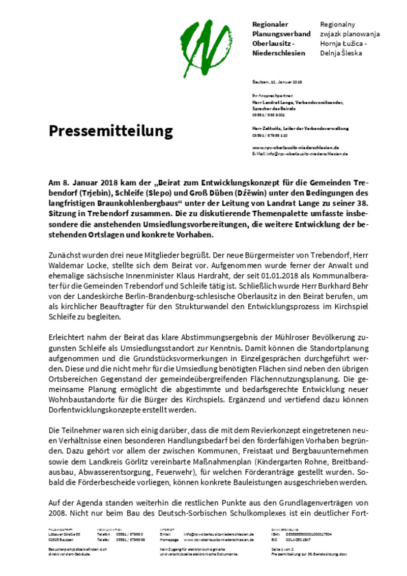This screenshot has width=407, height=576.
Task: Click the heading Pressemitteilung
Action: click(111, 131)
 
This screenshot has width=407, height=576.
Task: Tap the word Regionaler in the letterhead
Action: click(270, 24)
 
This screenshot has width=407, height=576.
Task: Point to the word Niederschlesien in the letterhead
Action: click(279, 53)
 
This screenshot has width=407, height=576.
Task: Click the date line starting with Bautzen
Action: click(277, 82)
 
